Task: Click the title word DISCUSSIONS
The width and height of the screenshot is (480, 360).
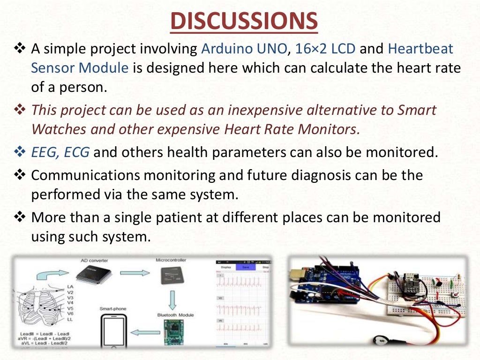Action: click(243, 21)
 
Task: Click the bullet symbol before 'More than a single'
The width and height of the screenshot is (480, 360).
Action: click(20, 217)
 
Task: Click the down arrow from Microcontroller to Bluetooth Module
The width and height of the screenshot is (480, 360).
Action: click(172, 299)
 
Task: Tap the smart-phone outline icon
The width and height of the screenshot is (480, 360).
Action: click(112, 330)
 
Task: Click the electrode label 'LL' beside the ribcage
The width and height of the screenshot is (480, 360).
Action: click(70, 319)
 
